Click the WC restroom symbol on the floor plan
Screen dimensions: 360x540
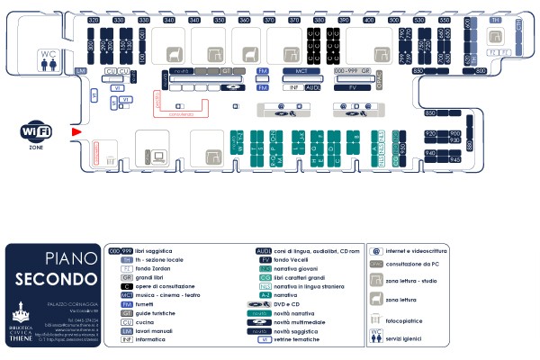[x=49, y=58]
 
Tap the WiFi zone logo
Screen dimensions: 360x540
[x=36, y=132]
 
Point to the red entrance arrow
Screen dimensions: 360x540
[x=76, y=132]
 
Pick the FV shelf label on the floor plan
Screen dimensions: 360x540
[x=353, y=88]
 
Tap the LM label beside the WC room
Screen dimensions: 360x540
[x=81, y=70]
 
